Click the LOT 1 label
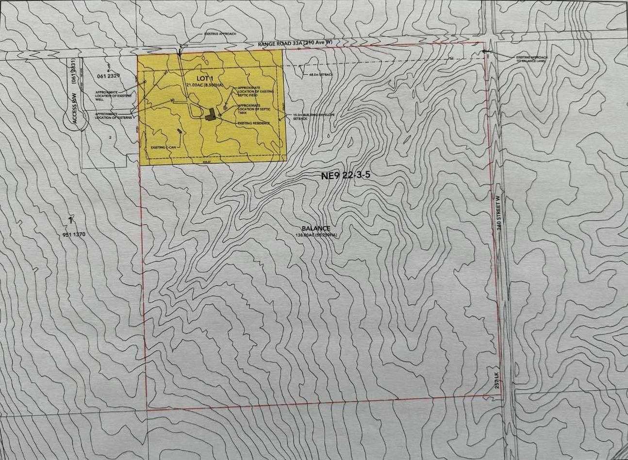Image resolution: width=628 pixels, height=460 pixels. point(193,78)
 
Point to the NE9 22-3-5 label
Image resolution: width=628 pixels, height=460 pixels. point(346,176)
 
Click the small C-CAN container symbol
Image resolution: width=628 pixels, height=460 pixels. point(180,131)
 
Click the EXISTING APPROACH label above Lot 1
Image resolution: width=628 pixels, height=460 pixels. point(220,34)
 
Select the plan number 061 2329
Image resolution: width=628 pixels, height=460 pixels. point(108,76)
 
